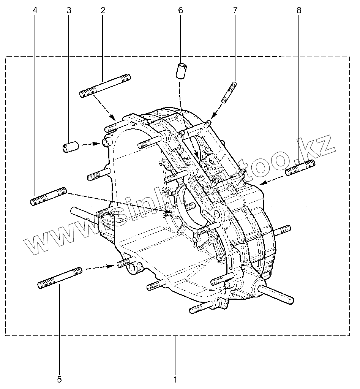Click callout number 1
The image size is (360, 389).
175,379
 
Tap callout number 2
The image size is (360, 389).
103,11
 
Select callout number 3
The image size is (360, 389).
69,11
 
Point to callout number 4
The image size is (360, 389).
35,11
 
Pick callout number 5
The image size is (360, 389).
59,379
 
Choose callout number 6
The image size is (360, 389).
180,11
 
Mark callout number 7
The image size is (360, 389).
235,11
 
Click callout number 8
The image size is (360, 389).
299,11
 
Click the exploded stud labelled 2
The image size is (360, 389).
105,85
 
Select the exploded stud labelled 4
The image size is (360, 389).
49,196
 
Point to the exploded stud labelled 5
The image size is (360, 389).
60,278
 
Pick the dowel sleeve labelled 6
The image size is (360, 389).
182,71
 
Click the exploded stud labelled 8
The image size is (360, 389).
300,168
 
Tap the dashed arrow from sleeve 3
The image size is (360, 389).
90,144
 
